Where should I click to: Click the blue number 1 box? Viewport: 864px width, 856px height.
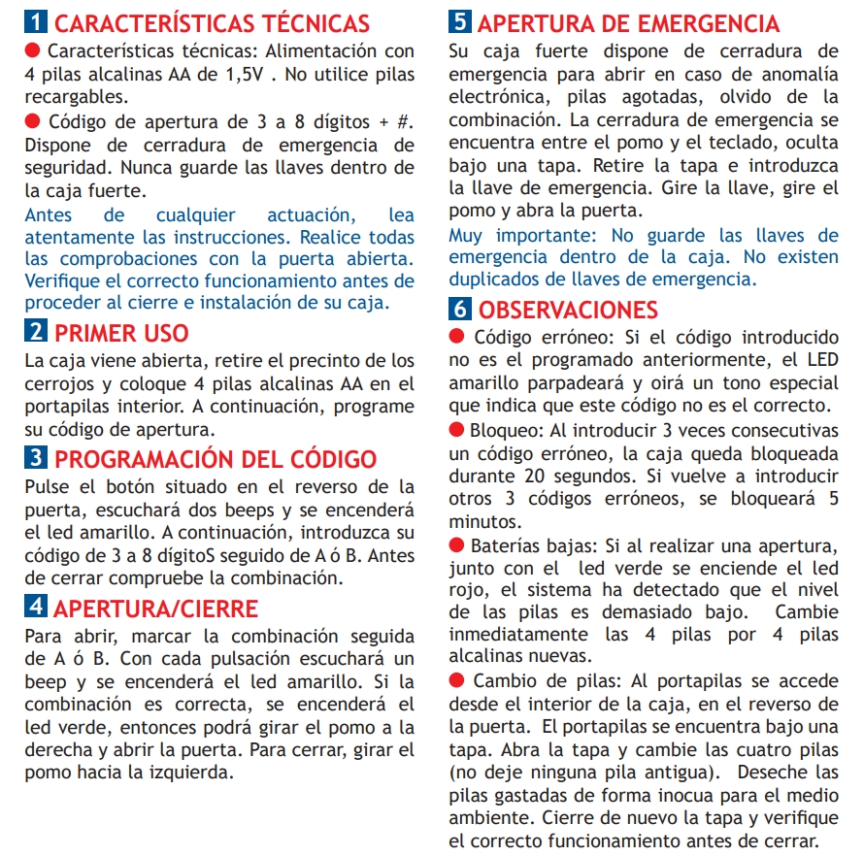coord(36,23)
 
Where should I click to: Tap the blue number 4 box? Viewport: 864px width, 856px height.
coord(36,609)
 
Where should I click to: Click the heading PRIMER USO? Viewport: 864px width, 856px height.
coord(121,333)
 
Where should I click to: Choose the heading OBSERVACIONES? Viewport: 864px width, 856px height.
coord(568,310)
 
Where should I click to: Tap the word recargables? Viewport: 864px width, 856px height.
coord(75,97)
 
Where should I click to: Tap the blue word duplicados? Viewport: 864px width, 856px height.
coord(496,279)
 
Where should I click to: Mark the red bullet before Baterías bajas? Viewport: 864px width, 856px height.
coord(457,546)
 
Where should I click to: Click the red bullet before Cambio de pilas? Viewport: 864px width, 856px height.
coord(457,680)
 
